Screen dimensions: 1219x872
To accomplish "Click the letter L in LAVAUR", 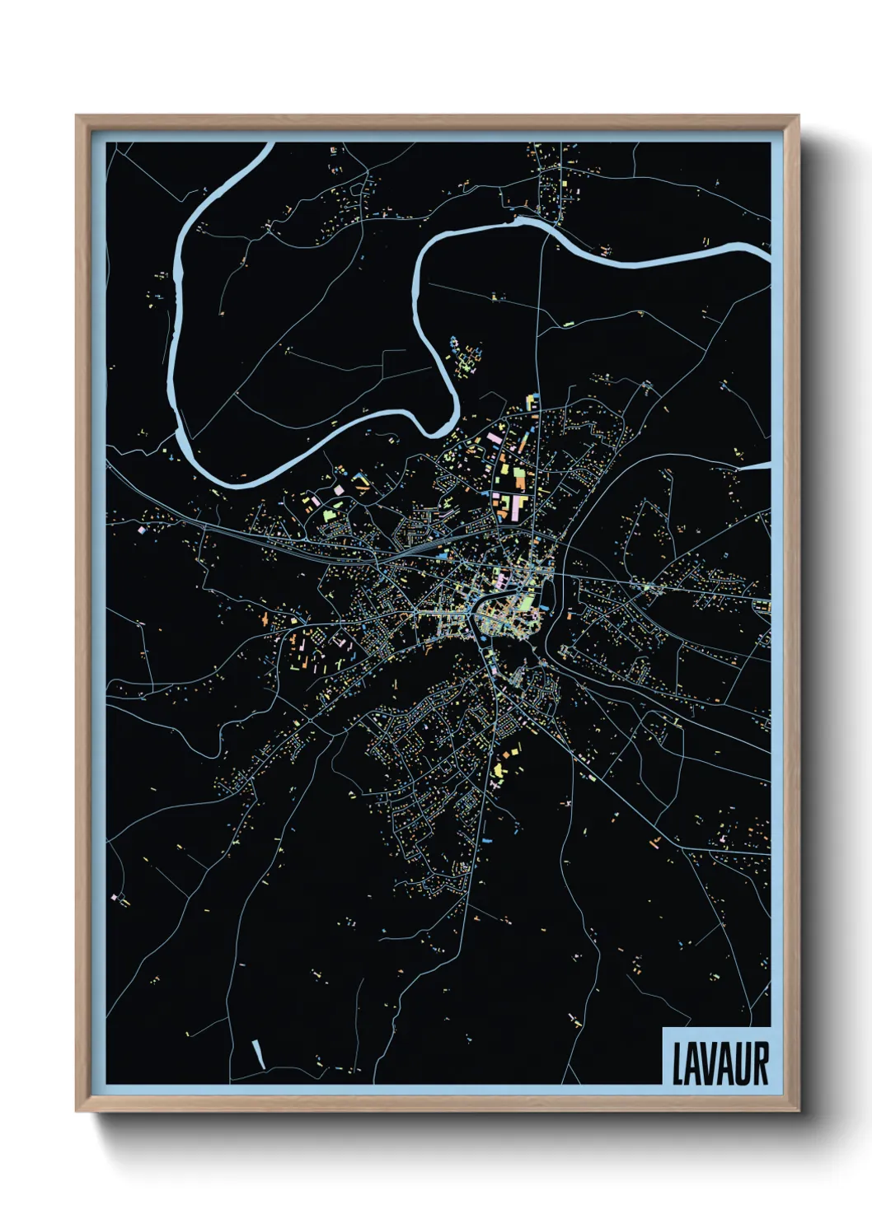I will pos(678,1064).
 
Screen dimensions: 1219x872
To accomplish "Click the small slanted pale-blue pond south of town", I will pos(258,1053).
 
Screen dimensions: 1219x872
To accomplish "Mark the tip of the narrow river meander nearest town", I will pos(438,428).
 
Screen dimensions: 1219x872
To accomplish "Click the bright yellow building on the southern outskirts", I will pos(499,770).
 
